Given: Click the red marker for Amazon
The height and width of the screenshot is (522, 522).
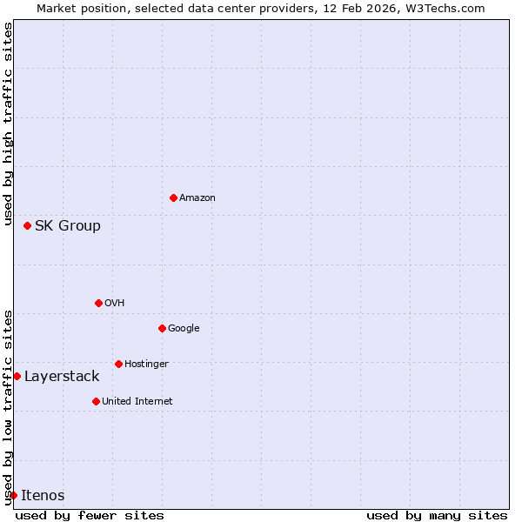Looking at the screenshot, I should (x=173, y=197).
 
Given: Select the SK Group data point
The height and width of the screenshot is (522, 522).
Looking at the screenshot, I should (x=27, y=225).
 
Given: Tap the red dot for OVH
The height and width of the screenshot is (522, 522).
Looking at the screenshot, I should (x=98, y=303).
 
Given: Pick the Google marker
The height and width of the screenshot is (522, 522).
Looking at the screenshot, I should (x=162, y=328).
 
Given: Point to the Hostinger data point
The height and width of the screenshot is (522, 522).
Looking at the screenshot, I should (x=118, y=364).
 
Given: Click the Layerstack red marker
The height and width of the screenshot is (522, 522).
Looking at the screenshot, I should (x=17, y=376).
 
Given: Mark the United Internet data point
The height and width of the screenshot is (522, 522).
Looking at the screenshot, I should (x=96, y=401).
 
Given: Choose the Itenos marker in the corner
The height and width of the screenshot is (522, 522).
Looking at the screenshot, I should (x=13, y=495).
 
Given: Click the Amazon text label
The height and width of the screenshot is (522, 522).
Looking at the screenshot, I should (x=197, y=198).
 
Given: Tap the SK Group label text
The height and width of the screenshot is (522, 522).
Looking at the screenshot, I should (x=68, y=226).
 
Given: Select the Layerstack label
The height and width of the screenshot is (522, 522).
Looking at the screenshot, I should (x=62, y=377).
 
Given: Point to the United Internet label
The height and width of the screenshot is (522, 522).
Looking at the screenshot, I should (x=137, y=402).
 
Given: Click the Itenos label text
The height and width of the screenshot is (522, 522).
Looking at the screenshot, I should (x=43, y=496).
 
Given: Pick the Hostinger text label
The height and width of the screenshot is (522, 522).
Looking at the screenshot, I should (x=146, y=364).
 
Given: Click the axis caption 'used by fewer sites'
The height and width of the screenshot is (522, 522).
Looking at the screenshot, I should (x=90, y=515).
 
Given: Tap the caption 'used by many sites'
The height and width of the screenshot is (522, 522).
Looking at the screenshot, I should (x=437, y=515).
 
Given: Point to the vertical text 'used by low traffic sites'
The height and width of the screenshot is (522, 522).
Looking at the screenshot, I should (x=8, y=406).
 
